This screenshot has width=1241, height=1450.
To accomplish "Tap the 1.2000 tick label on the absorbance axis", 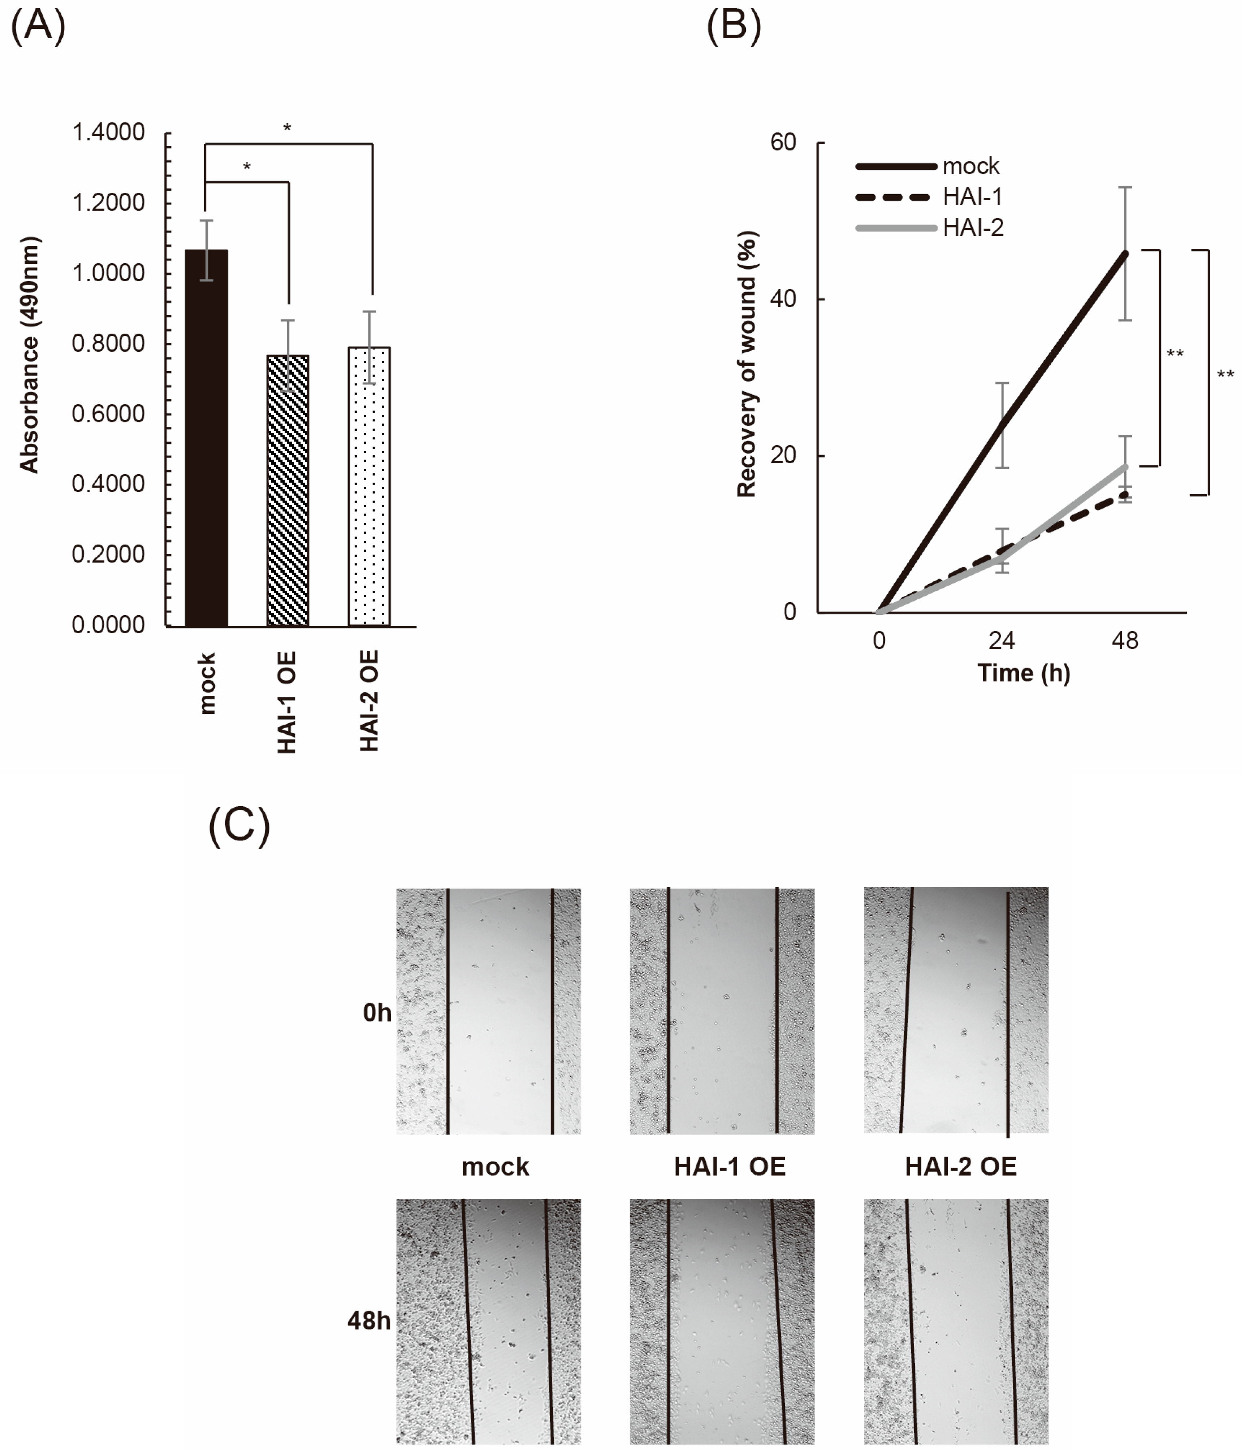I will (108, 203).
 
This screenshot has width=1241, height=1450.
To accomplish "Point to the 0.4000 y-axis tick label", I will (108, 483).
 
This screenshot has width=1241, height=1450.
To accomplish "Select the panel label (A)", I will (39, 27).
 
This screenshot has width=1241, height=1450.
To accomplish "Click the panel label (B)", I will (734, 27).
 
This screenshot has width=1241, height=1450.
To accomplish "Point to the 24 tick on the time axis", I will (1002, 640).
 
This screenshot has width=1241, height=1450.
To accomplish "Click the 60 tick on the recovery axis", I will (783, 143).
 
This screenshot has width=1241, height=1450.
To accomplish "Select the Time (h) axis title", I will (1023, 673).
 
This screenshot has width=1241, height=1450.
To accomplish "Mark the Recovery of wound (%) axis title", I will (747, 364).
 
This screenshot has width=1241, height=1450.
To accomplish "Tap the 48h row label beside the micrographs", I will (369, 1320).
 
